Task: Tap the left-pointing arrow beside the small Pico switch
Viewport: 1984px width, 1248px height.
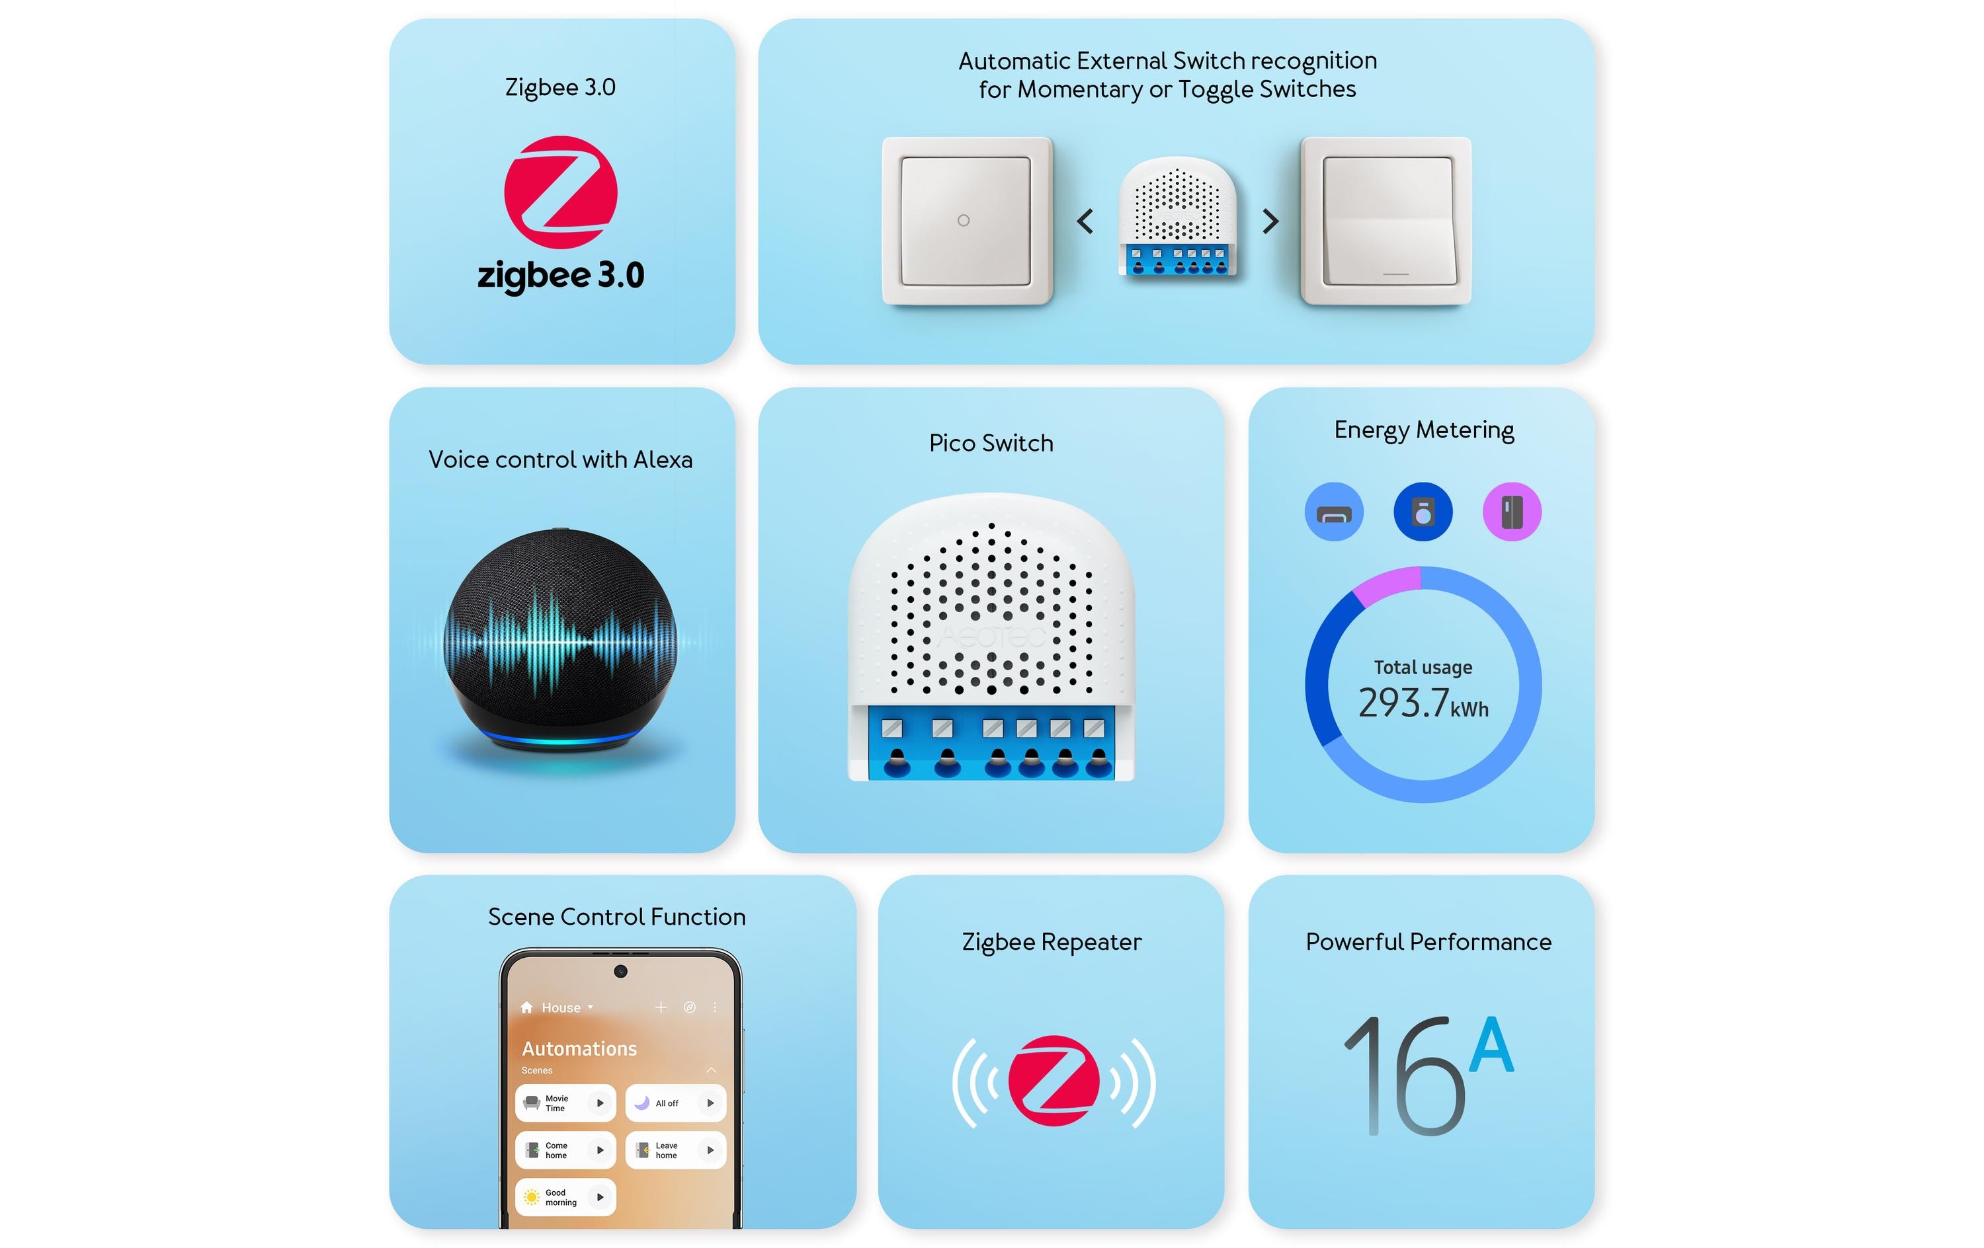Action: [x=1085, y=221]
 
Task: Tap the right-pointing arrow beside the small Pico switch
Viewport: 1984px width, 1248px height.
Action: [x=1270, y=221]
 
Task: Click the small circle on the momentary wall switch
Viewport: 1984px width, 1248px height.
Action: [x=963, y=221]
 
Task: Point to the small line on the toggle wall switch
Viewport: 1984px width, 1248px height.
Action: [x=1395, y=274]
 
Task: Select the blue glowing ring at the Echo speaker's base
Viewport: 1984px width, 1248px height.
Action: [x=560, y=738]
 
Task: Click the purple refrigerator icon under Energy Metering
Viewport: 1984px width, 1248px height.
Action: [x=1511, y=512]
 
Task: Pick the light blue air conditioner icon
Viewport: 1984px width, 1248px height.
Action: [x=1334, y=512]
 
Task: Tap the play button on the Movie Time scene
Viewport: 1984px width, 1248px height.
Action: [x=600, y=1103]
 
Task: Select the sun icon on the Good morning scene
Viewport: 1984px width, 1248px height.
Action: [x=532, y=1197]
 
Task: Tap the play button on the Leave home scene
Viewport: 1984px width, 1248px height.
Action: [x=710, y=1150]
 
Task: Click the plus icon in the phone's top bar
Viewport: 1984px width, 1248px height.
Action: [x=660, y=1007]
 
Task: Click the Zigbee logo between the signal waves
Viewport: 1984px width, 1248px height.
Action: [x=1053, y=1081]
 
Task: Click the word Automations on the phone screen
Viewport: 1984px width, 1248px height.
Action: [x=579, y=1048]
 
